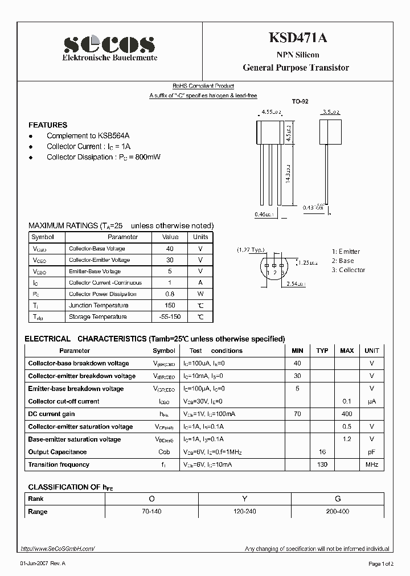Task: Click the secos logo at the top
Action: coord(109,44)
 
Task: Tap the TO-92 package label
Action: coord(300,101)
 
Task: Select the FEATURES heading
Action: coord(48,125)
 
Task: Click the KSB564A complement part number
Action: coord(114,136)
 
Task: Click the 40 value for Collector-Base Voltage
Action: coord(170,249)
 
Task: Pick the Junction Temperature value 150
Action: coord(170,306)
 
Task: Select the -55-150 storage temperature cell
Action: coord(170,317)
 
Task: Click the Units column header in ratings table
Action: coord(200,237)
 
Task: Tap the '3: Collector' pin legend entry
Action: coord(348,270)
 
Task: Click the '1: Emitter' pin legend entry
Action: coord(346,252)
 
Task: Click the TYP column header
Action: coord(322,351)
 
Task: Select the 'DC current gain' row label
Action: coord(51,414)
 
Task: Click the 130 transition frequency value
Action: coord(322,465)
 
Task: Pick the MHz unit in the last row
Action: coord(372,465)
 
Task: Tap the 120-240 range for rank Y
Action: coord(244,512)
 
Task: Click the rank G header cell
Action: coord(338,499)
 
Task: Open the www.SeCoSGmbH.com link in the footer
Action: coord(58,549)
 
